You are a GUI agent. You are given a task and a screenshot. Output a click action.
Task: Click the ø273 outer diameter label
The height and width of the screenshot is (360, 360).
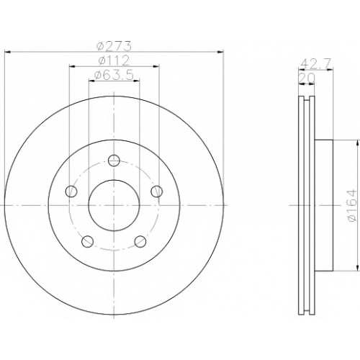(114, 45)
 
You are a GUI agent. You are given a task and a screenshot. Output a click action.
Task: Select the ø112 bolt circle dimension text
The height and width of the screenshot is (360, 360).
(114, 60)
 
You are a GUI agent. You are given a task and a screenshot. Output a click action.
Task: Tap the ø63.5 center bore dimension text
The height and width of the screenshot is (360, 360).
(114, 75)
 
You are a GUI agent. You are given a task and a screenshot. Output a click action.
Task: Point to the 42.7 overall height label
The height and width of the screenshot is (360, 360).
(316, 63)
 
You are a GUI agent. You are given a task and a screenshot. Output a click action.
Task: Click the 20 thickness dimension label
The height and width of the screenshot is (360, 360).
(306, 78)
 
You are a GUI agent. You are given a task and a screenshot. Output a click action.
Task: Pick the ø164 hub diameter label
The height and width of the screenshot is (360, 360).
(351, 205)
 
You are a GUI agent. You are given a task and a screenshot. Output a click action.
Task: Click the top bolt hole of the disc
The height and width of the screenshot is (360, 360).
(114, 161)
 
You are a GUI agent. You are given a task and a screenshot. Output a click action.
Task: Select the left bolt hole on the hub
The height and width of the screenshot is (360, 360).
(71, 192)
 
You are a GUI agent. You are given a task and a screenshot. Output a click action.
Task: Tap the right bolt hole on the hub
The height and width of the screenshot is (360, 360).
(156, 192)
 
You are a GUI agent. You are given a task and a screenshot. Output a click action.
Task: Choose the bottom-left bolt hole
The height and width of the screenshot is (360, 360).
(87, 241)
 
